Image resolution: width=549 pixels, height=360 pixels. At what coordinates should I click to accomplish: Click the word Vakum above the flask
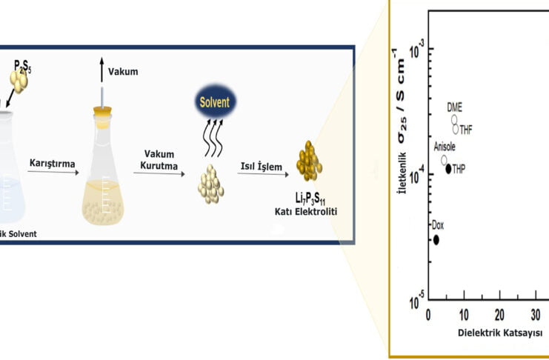point(123,72)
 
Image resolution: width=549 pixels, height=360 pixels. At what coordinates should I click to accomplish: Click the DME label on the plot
point(454,107)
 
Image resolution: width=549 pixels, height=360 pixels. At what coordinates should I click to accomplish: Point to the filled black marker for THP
point(448,169)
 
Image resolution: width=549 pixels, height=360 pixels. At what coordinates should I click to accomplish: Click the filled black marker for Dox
point(436,239)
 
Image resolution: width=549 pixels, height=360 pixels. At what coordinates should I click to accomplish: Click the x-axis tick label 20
point(499,313)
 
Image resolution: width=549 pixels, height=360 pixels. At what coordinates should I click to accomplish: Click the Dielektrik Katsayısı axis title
point(472,332)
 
